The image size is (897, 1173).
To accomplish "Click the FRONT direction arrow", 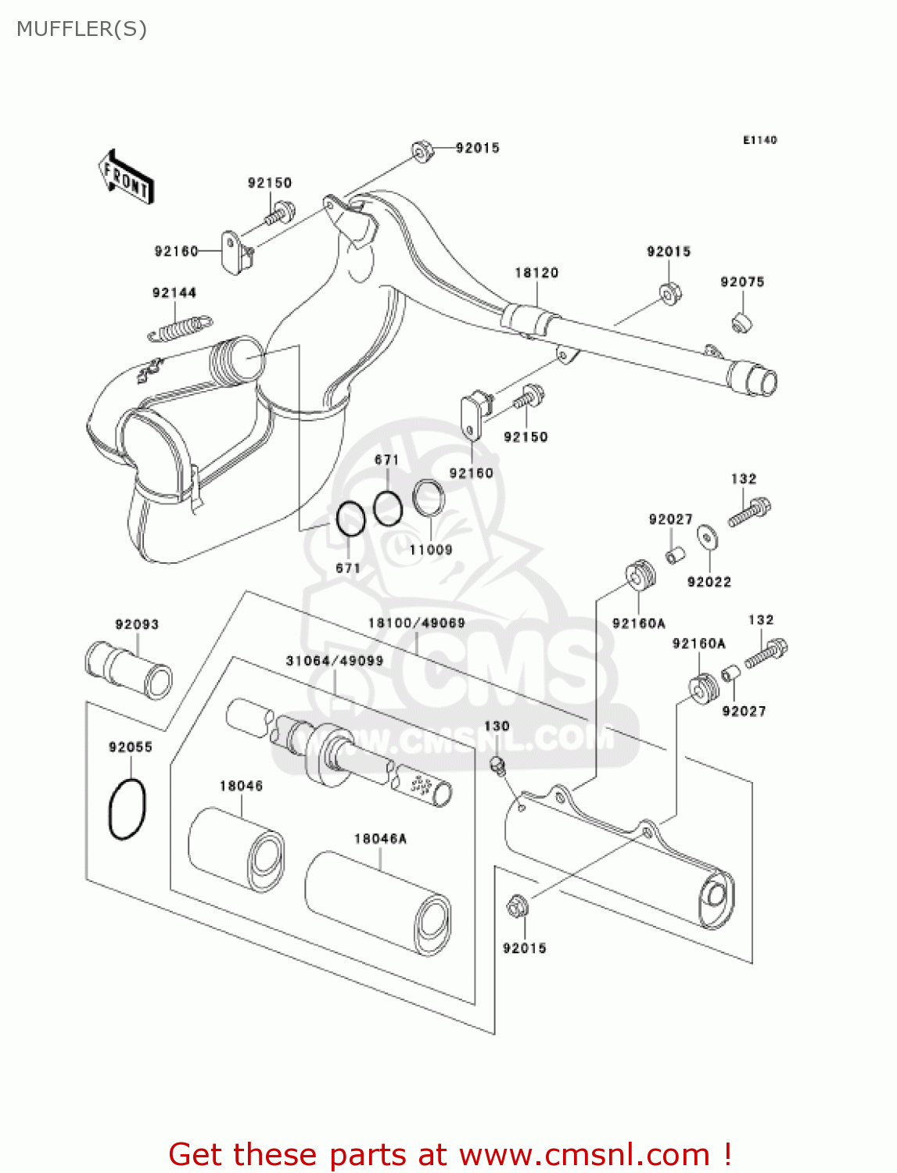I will [x=125, y=178].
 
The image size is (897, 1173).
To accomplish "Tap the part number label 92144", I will [x=174, y=293].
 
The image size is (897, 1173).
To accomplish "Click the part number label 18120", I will [x=536, y=273].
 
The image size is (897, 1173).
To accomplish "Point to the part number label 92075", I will [x=742, y=282].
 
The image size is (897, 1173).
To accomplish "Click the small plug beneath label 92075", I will [x=741, y=321].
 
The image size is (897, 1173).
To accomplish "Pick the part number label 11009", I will [x=431, y=550].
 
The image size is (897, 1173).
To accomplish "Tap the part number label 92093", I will [x=137, y=625].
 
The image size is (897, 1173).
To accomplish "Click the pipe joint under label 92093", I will [x=128, y=669].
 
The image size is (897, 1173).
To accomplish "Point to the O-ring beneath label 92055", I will [x=127, y=809].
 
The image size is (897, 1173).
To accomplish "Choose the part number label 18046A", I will [x=381, y=839].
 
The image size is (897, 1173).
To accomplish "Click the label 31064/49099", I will [x=335, y=661].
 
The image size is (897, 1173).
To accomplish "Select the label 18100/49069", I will [x=417, y=623].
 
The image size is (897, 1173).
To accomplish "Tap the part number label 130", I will [x=497, y=726].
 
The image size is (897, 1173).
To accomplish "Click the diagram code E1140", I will [x=759, y=140].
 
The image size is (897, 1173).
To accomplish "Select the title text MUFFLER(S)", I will [x=81, y=29].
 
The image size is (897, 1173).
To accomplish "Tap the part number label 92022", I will [x=709, y=582].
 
